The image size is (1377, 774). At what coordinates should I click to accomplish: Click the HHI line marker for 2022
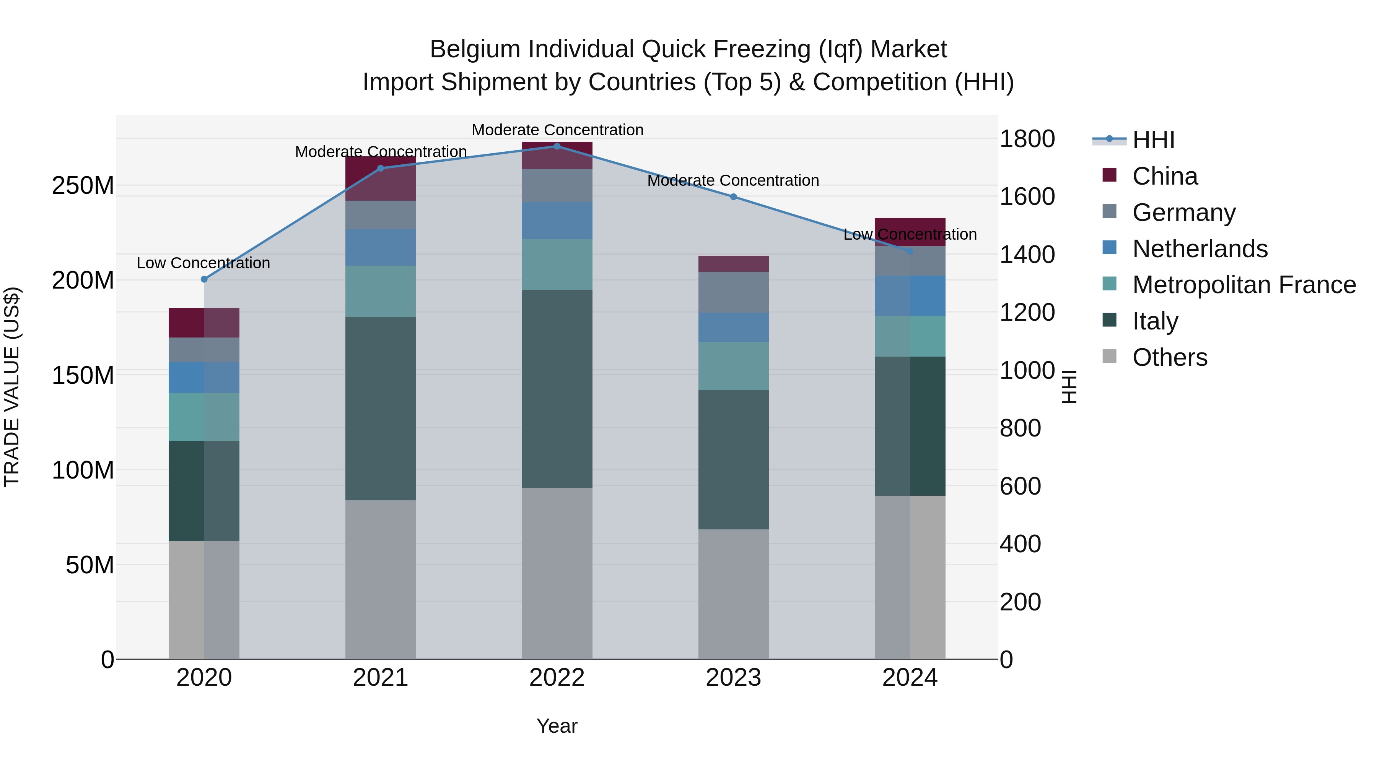557,146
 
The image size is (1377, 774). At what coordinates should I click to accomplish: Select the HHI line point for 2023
733,196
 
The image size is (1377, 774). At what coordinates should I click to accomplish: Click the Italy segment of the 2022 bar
557,388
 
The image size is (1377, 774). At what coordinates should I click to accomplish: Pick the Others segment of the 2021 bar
380,579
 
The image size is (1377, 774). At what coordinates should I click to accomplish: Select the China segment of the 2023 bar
733,263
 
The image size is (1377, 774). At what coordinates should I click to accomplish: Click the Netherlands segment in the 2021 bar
380,247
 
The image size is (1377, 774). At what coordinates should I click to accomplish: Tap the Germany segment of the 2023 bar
733,292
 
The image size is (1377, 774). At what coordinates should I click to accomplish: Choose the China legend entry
1165,176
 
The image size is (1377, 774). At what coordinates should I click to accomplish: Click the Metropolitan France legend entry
1244,285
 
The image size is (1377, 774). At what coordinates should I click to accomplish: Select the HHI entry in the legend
1153,140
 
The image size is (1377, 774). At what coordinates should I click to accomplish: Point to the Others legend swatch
1109,356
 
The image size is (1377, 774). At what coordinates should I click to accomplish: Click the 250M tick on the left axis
83,186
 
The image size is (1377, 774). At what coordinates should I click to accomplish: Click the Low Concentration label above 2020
203,263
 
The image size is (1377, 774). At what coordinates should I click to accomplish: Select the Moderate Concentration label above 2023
733,180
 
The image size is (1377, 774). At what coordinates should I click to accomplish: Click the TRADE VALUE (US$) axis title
12,387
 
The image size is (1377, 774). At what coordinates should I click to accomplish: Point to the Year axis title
557,726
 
